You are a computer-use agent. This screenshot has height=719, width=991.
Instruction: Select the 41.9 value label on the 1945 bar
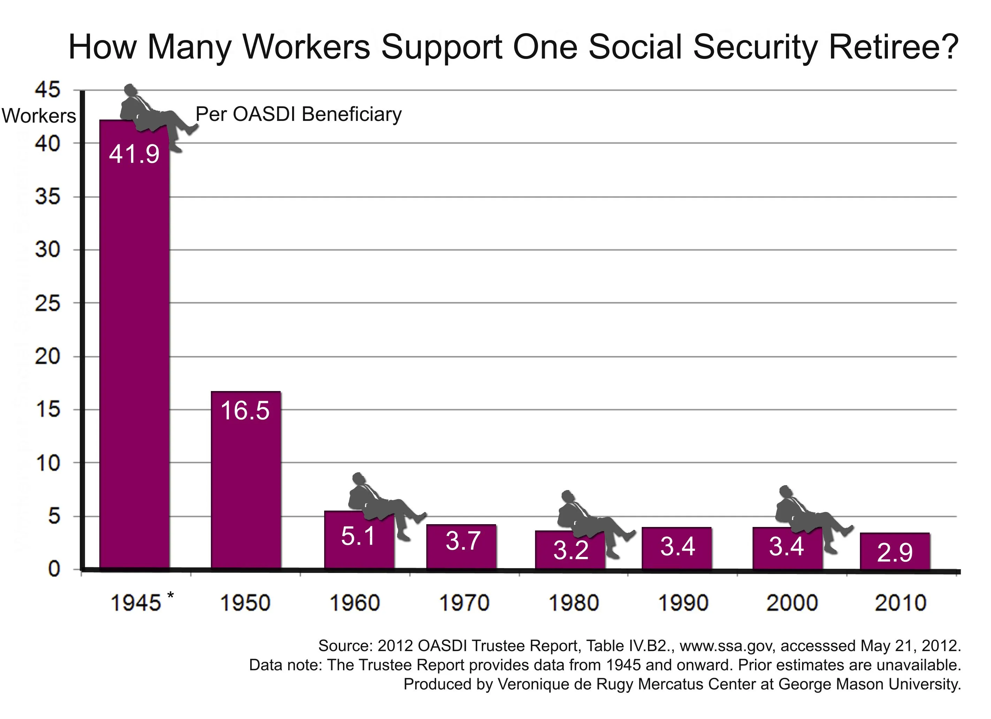pos(134,154)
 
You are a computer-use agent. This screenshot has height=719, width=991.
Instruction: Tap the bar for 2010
pos(895,552)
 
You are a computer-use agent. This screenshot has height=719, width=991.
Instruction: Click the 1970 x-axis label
pos(464,603)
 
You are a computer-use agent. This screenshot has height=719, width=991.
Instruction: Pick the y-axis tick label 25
pos(47,304)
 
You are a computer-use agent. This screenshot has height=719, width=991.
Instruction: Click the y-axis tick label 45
pos(47,90)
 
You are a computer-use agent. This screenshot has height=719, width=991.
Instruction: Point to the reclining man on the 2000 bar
pos(808,518)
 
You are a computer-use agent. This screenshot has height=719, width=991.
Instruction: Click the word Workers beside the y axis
pos(39,116)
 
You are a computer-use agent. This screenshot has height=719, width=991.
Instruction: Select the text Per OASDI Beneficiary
pos(298,114)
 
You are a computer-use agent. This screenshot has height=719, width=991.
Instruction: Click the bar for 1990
pos(676,549)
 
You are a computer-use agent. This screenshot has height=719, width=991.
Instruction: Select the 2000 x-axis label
pos(792,603)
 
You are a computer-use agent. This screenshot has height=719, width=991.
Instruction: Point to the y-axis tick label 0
pos(54,569)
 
